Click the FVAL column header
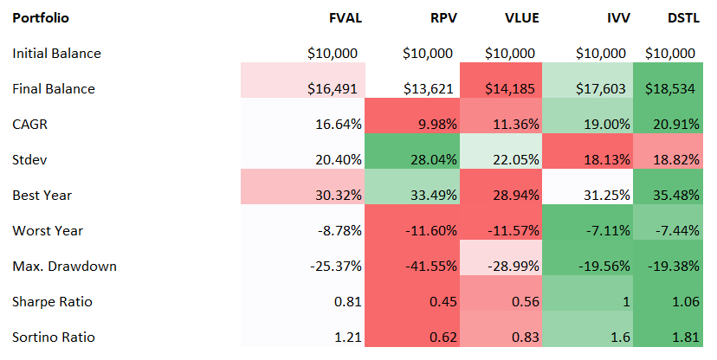click(340, 17)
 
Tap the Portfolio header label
click(41, 17)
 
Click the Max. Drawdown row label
click(64, 267)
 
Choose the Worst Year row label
click(48, 231)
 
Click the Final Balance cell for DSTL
click(669, 89)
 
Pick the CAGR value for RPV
click(430, 125)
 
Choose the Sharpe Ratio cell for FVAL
click(346, 302)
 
